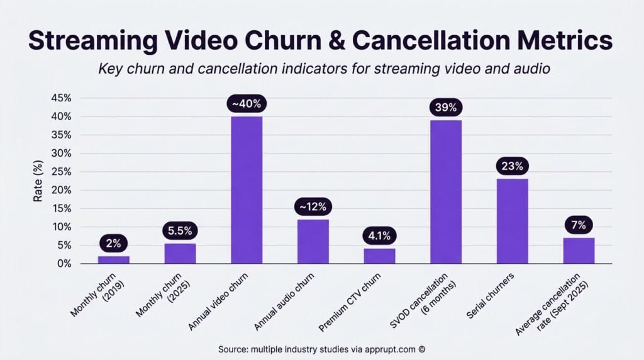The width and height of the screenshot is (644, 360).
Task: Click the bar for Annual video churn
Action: point(247,190)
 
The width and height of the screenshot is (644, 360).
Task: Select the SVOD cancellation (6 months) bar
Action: point(446,192)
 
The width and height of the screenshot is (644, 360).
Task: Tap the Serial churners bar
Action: point(512,221)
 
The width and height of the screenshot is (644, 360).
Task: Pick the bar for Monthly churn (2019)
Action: point(114,260)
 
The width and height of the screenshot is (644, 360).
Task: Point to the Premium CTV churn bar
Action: point(379,256)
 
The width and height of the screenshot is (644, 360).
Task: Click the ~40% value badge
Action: point(247,104)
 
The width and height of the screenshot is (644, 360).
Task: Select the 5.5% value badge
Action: point(180,231)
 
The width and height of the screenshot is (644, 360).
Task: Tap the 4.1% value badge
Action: point(379,236)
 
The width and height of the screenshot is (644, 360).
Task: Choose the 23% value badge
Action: point(512,166)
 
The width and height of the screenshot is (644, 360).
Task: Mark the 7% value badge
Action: point(579,225)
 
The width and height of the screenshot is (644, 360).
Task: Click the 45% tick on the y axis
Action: point(62,98)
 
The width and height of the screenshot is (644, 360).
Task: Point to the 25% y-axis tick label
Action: point(62,172)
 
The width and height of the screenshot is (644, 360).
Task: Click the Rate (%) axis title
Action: point(38,181)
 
